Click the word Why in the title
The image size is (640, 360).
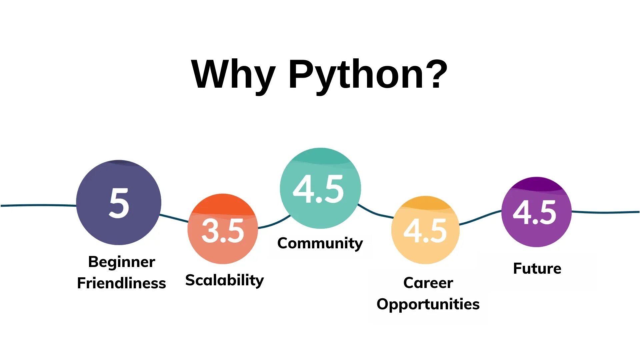233,75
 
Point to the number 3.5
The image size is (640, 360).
223,231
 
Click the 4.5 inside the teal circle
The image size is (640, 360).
318,189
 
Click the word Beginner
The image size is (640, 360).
122,262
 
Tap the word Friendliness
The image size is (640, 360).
121,283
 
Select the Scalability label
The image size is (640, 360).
224,280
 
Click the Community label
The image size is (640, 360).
320,243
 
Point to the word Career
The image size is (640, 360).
428,283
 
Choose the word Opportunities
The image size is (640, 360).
428,304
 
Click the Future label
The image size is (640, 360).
537,268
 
